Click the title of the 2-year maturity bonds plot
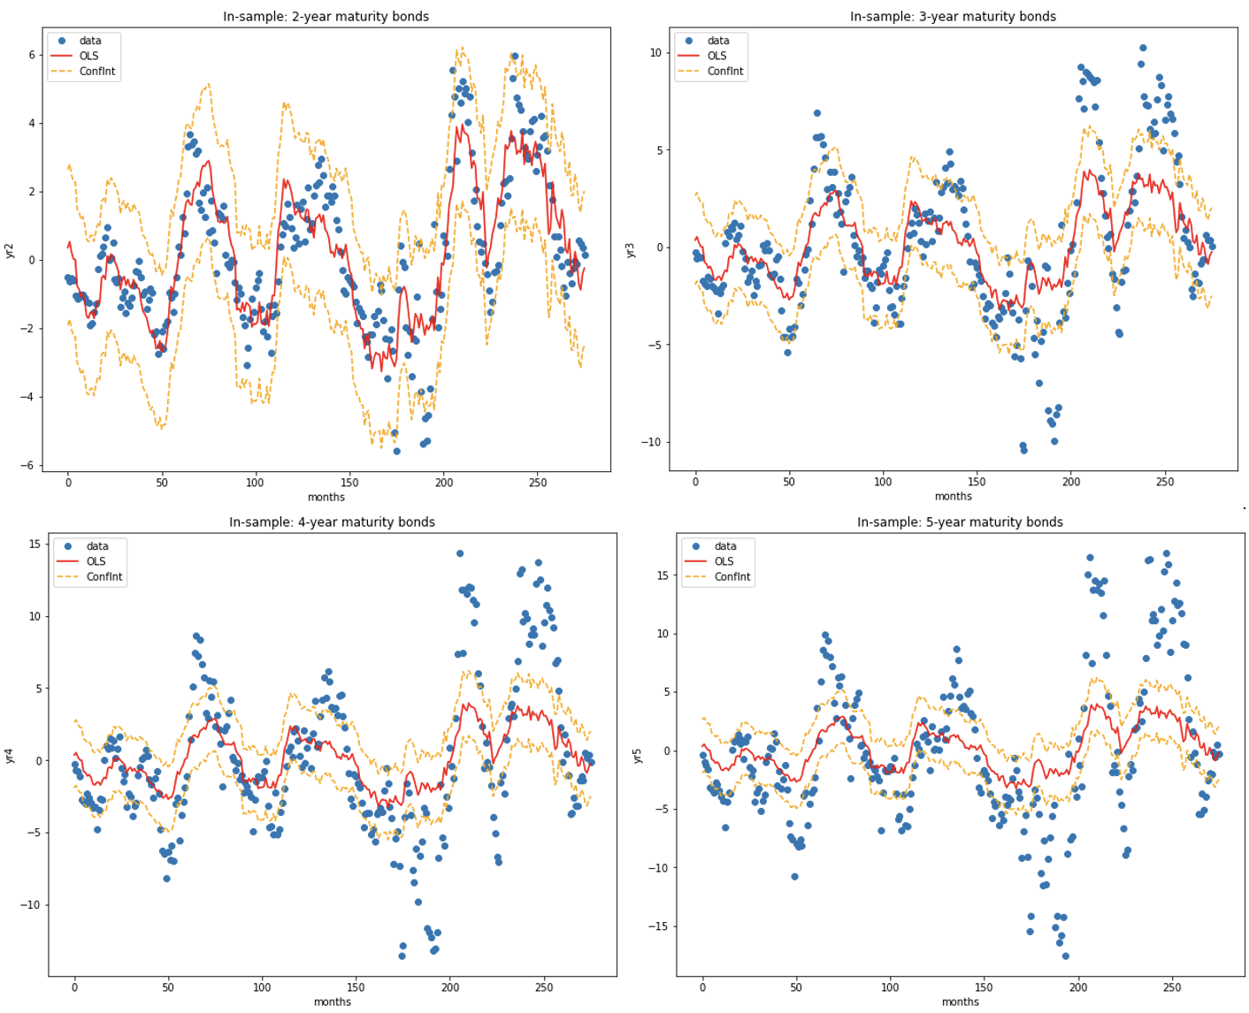coord(326,17)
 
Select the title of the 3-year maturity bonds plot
coord(953,17)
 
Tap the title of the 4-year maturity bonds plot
coord(332,522)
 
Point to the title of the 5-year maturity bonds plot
coord(960,522)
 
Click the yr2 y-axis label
coord(10,250)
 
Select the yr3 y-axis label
coord(631,250)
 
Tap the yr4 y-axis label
coord(10,756)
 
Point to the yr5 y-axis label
coord(638,756)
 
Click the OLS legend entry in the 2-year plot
coord(88,57)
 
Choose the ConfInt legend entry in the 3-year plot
coord(725,72)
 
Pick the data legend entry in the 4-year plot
coord(97,546)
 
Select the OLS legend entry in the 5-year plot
coord(724,561)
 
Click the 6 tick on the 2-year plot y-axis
coord(32,55)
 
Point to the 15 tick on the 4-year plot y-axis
coord(34,545)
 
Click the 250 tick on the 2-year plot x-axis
coord(537,483)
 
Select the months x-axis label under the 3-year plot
coord(953,497)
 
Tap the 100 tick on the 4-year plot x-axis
coord(262,988)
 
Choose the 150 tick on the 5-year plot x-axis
coord(984,988)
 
